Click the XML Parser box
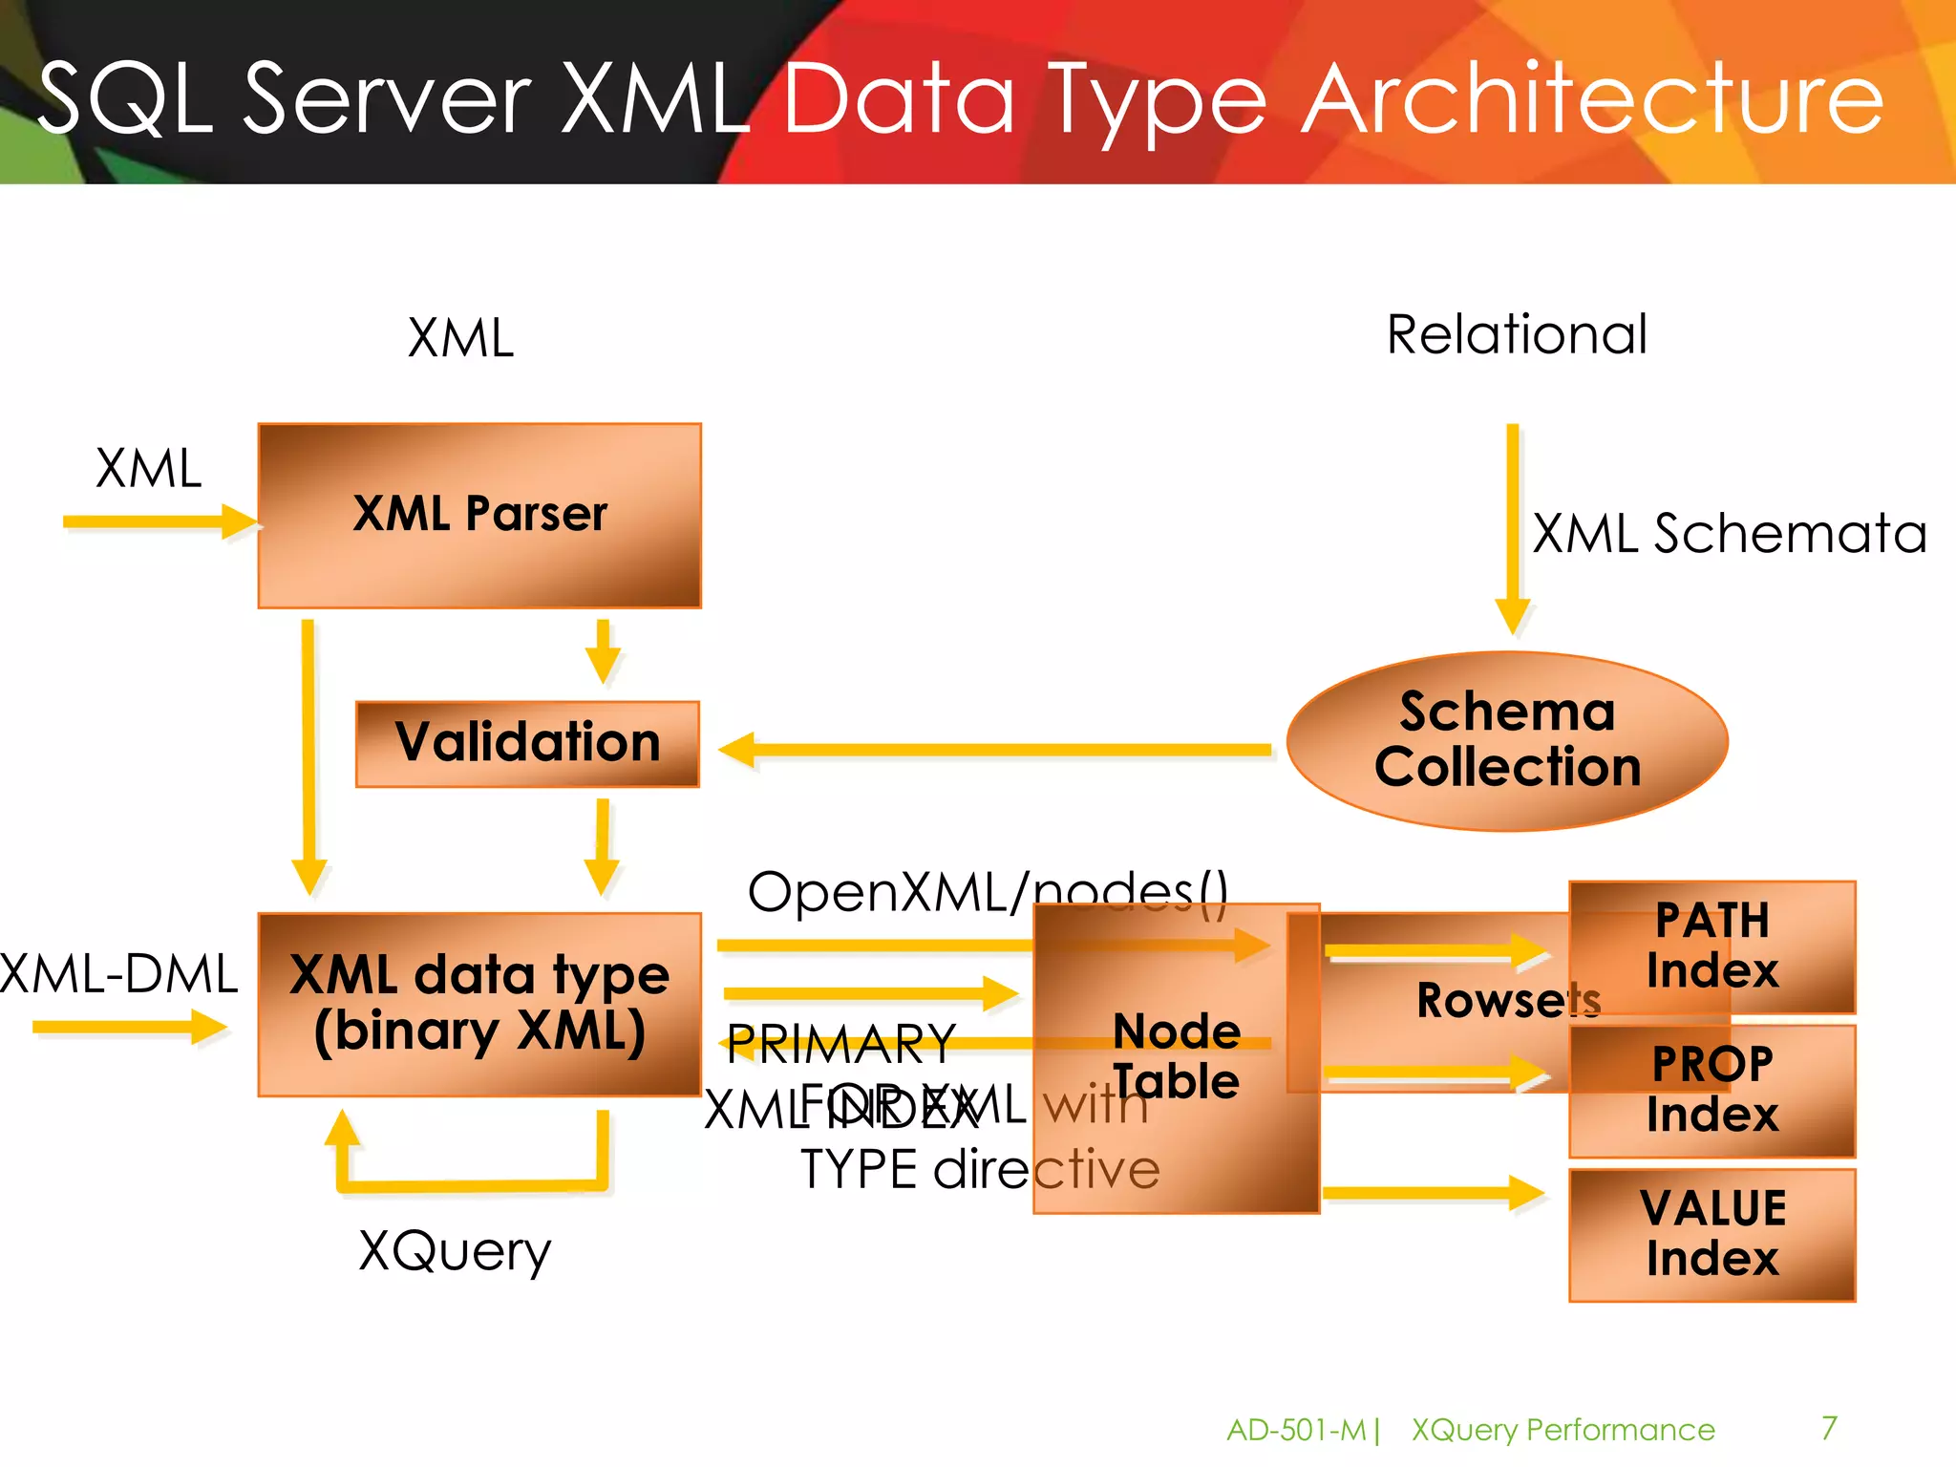pyautogui.click(x=479, y=516)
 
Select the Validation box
pyautogui.click(x=527, y=744)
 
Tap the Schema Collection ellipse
pyautogui.click(x=1507, y=740)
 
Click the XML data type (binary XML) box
pyautogui.click(x=479, y=1004)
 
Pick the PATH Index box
pyautogui.click(x=1711, y=946)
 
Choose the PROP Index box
pyautogui.click(x=1711, y=1091)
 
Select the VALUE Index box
pyautogui.click(x=1711, y=1234)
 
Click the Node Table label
pyautogui.click(x=1177, y=1056)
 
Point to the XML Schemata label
pyautogui.click(x=1729, y=533)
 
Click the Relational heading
pyautogui.click(x=1517, y=334)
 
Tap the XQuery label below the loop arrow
pyautogui.click(x=455, y=1250)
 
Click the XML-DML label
pyautogui.click(x=118, y=974)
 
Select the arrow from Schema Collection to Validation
pyautogui.click(x=993, y=750)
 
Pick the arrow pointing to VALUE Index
pyautogui.click(x=1433, y=1192)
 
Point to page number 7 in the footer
pyautogui.click(x=1829, y=1428)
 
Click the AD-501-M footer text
pyautogui.click(x=1296, y=1430)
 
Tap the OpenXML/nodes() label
pyautogui.click(x=987, y=892)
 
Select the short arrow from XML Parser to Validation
pyautogui.click(x=603, y=651)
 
